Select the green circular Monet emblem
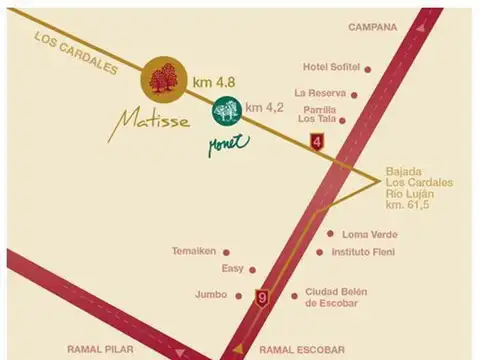coord(225,108)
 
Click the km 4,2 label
coord(266,105)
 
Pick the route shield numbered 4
coord(318,141)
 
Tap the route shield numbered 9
coord(263,297)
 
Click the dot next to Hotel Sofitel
coord(369,70)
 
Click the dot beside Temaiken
coord(226,252)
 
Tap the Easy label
coord(233,270)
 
